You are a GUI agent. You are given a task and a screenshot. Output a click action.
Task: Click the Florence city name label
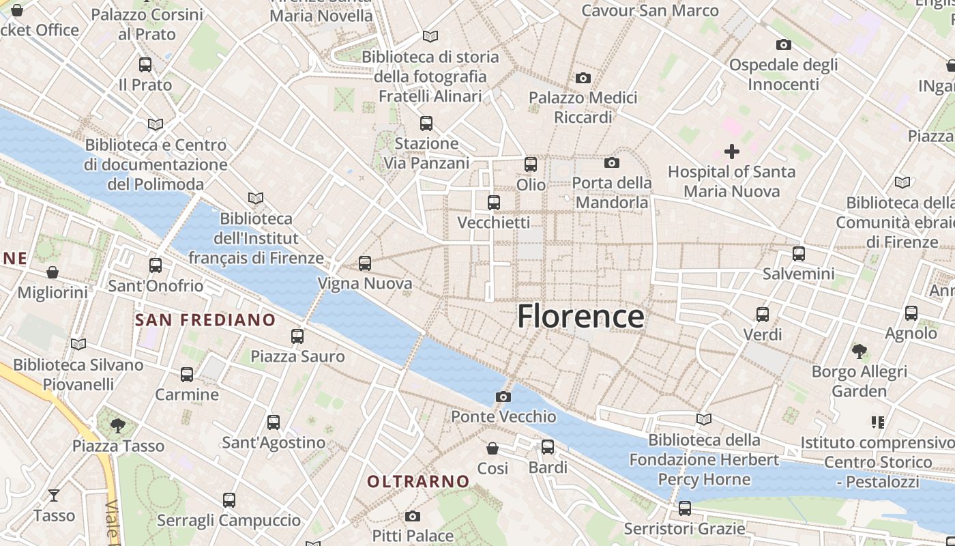[581, 317]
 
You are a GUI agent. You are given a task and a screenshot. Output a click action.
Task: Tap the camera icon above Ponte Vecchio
[503, 397]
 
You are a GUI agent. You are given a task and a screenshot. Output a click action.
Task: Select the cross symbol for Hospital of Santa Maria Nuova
[732, 151]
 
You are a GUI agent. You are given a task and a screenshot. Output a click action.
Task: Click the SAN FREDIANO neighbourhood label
[205, 320]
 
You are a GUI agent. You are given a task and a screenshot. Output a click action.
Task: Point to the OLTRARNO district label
[418, 482]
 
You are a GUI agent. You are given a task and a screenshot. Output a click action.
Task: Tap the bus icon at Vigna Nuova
[365, 263]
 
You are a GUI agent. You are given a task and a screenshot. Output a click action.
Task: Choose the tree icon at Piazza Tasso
[118, 426]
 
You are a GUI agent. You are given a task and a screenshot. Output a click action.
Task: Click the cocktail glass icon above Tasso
[54, 495]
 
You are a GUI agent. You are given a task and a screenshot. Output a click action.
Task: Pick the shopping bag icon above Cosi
[493, 448]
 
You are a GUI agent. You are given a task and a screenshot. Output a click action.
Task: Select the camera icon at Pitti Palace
[412, 516]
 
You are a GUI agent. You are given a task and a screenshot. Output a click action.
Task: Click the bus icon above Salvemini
[799, 254]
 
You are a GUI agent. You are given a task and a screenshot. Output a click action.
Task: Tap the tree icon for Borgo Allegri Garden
[859, 351]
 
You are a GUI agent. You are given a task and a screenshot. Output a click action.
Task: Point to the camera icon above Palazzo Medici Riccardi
[583, 78]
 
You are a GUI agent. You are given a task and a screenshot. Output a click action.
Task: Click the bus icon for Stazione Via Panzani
[426, 124]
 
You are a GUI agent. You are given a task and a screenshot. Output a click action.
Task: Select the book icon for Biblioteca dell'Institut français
[256, 199]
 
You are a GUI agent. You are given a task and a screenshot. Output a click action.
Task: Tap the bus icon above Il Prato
[145, 65]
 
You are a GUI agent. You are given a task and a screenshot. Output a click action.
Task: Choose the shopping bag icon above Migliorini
[53, 272]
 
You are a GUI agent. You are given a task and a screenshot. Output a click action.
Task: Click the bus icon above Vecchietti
[494, 203]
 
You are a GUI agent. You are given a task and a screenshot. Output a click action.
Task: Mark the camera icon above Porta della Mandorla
[612, 162]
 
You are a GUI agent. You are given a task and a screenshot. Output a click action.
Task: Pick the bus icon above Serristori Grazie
[684, 508]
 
